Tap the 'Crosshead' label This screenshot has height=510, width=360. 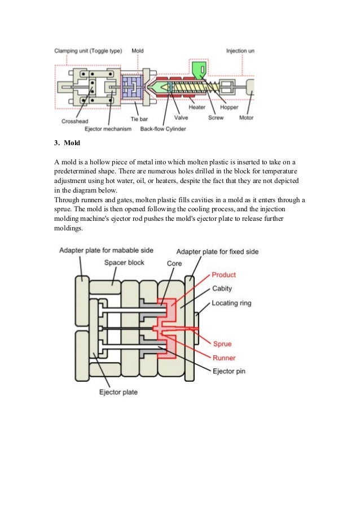tap(74, 121)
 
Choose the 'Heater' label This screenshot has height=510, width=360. tap(197, 107)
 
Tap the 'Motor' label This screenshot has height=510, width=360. tap(247, 117)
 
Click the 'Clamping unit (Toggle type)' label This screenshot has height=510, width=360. tap(88, 51)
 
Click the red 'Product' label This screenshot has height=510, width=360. tap(223, 275)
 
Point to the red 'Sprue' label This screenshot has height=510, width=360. tap(222, 344)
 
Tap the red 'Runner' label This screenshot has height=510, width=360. tap(223, 358)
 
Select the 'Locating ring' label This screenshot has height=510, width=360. tap(231, 303)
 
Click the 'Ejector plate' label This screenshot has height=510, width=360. tap(118, 391)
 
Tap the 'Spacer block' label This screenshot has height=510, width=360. tap(125, 263)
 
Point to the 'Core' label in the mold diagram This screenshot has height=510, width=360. tap(174, 263)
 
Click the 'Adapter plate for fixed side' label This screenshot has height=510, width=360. tap(217, 251)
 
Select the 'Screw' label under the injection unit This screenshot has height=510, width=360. tap(216, 117)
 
